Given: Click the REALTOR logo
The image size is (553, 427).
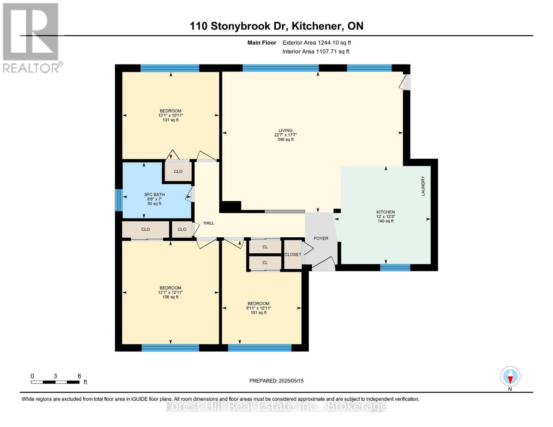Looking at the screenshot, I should (31, 37).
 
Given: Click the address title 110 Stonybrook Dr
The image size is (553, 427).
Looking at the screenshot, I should (276, 26).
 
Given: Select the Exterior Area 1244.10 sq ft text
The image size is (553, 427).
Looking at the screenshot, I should (317, 43).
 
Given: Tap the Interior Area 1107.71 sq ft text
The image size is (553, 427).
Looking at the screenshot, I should (315, 52).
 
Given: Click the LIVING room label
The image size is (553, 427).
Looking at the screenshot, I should (285, 135).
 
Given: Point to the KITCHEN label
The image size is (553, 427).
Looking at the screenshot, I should (385, 216).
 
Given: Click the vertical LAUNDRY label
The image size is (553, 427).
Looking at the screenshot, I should (423, 186).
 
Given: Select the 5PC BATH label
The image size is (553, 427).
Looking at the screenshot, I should (154, 199).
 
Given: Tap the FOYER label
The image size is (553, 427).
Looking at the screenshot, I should (321, 238).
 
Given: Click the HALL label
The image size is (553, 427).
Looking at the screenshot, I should (209, 223).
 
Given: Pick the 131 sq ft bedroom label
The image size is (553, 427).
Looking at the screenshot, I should (171, 115).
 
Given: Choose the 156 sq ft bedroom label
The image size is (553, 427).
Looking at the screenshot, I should (170, 292).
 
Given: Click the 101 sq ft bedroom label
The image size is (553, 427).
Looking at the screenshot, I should (259, 308).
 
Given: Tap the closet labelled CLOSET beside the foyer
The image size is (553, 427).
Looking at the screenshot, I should (293, 254).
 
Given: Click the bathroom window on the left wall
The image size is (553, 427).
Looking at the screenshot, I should (119, 200).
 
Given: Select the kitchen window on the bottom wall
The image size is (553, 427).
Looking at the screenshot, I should (395, 268).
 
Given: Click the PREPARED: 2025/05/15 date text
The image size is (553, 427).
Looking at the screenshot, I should (276, 381).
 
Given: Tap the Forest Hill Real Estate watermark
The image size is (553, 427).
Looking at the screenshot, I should (276, 406).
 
